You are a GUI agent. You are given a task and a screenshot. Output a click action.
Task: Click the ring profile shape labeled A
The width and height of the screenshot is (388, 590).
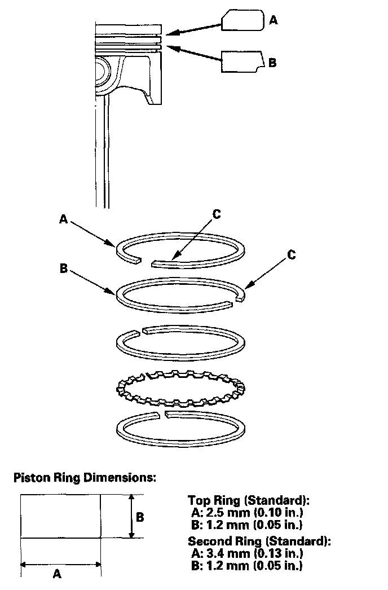click(x=242, y=20)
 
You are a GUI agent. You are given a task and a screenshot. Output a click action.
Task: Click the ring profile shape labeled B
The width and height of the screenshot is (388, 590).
click(x=241, y=61)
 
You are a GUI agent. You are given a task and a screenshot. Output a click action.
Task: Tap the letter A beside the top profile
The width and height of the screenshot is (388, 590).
click(x=274, y=20)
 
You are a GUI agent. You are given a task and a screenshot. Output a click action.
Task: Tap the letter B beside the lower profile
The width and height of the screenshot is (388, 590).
click(x=273, y=62)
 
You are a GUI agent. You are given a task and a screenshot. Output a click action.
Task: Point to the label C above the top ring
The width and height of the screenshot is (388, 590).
click(x=217, y=215)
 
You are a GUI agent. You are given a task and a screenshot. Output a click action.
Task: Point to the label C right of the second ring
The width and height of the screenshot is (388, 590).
click(x=291, y=255)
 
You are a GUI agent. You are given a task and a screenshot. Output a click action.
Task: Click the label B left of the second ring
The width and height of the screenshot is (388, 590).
click(x=64, y=268)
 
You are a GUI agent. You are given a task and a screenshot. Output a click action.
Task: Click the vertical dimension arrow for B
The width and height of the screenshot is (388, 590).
click(x=131, y=516)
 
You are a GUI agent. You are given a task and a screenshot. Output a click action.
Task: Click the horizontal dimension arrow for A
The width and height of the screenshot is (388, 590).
click(x=60, y=563)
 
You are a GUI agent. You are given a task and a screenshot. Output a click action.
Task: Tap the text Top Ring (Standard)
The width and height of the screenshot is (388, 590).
click(x=249, y=501)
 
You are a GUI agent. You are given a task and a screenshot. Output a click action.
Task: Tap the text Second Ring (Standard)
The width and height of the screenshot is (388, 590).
click(x=259, y=541)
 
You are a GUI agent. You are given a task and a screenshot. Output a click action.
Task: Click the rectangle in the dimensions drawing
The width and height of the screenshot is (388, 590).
click(x=60, y=516)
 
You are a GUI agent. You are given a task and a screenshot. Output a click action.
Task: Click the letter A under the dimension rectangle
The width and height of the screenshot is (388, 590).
click(x=57, y=574)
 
